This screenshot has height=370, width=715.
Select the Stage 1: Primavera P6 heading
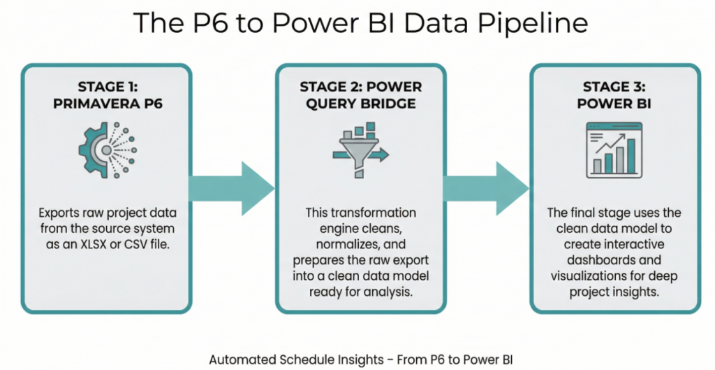tap(105, 97)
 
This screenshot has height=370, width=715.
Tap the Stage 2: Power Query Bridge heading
tap(360, 97)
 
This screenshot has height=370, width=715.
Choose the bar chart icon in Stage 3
tap(614, 149)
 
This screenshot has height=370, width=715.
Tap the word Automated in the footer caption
tap(238, 359)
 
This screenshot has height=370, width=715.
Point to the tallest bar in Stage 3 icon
tap(632, 155)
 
